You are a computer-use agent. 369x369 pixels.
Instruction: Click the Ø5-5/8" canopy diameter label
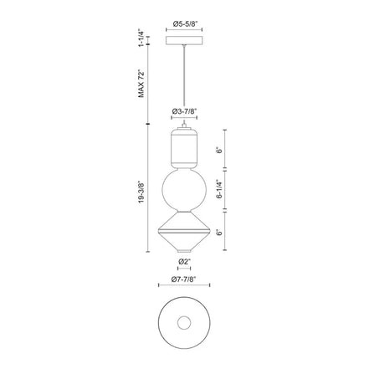pos(184,24)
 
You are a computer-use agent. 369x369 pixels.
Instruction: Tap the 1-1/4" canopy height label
pos(141,38)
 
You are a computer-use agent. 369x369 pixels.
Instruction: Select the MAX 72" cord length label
pos(141,85)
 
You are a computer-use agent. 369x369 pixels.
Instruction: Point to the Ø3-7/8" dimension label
pos(184,111)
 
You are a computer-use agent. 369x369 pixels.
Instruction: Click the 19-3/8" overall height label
pos(141,192)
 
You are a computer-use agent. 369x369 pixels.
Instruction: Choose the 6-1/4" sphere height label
pos(220,189)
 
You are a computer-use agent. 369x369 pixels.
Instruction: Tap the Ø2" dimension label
pos(184,262)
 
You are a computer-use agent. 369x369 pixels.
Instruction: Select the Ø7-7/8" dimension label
pos(184,279)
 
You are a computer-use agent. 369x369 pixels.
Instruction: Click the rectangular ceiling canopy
pos(184,40)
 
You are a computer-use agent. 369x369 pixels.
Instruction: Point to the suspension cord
pos(184,83)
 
